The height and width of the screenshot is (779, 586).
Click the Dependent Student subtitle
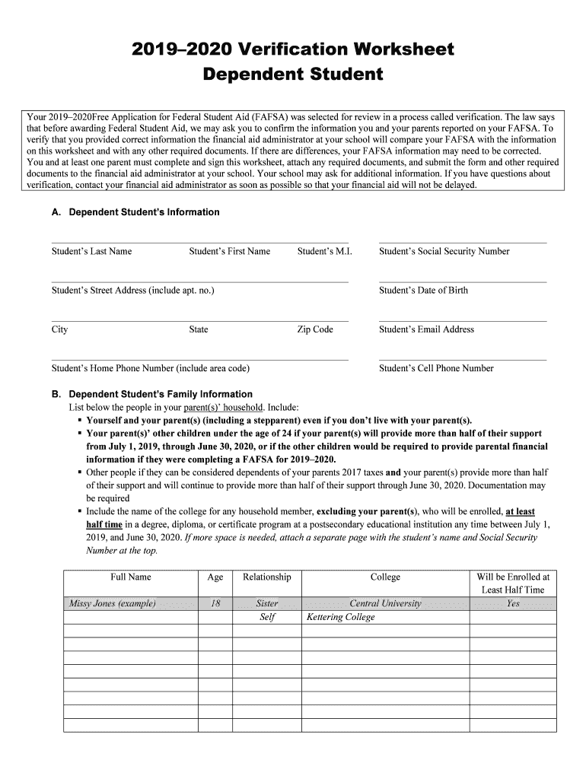[x=293, y=75]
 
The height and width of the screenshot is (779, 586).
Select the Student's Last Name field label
[x=91, y=251]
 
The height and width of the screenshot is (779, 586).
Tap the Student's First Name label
[x=229, y=251]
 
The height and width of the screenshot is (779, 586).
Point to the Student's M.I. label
[x=324, y=251]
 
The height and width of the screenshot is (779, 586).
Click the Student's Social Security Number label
[x=444, y=251]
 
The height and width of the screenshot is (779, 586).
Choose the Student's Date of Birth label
[x=423, y=290]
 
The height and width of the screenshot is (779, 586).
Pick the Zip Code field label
[x=315, y=329]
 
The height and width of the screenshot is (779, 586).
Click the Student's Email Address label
[x=426, y=329]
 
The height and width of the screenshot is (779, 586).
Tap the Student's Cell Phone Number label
[x=436, y=368]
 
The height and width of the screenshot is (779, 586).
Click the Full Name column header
[x=130, y=577]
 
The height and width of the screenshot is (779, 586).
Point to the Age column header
[x=215, y=577]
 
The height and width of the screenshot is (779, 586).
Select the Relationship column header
[x=267, y=577]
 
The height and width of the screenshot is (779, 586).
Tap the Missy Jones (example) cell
[x=113, y=603]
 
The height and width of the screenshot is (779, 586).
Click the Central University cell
[x=385, y=603]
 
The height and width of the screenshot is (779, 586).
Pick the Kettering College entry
[x=340, y=617]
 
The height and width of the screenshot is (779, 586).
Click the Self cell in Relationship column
[x=267, y=617]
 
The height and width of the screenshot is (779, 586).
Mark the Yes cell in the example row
[x=513, y=603]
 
